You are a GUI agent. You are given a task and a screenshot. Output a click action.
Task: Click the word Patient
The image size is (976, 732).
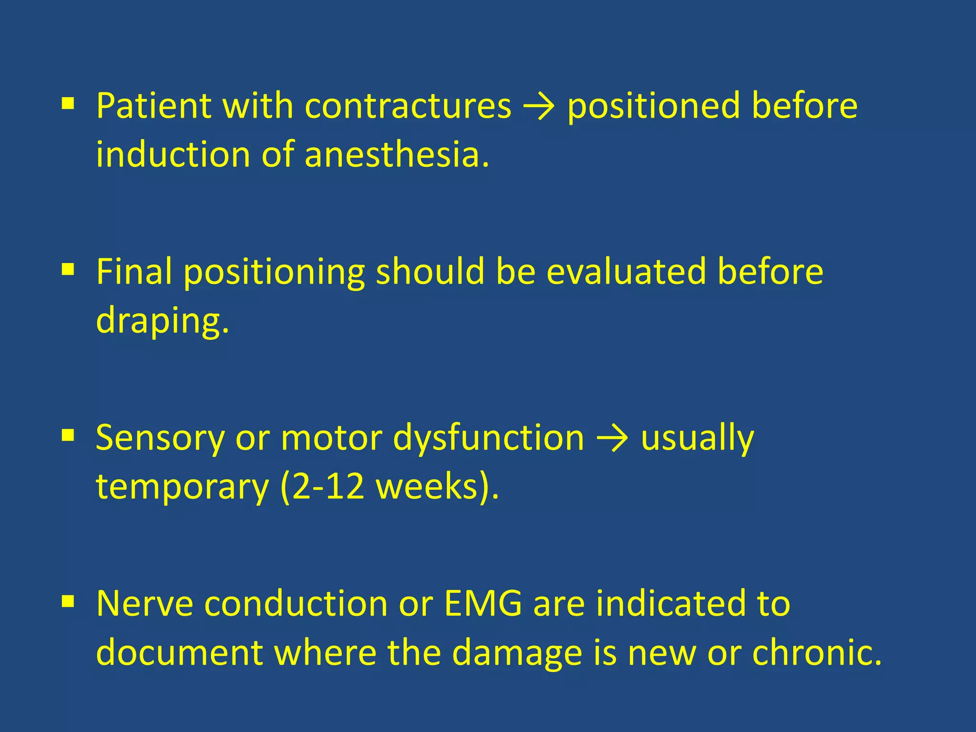click(153, 106)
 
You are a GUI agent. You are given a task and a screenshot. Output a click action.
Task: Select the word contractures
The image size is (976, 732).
click(408, 106)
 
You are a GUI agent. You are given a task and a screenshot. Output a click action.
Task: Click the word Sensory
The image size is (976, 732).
click(160, 437)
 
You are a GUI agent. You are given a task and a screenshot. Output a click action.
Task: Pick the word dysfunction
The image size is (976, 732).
click(488, 437)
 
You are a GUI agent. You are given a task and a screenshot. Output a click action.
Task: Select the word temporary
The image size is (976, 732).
click(183, 487)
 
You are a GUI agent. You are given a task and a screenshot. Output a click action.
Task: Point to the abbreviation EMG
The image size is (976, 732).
click(483, 603)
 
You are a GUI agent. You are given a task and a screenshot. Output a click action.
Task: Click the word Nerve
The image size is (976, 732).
click(144, 603)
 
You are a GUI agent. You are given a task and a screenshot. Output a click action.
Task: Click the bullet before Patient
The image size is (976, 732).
click(68, 103)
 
